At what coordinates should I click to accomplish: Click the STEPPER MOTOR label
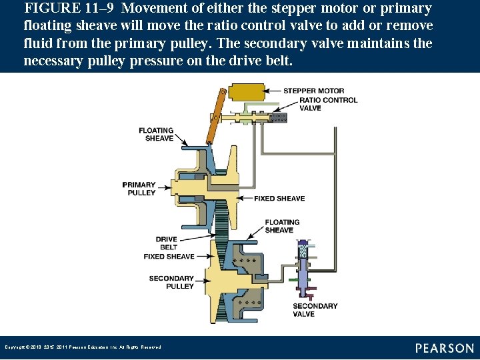[x=313, y=91]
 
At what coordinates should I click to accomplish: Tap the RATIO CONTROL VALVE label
[x=328, y=104]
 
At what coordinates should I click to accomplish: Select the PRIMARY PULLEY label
[x=139, y=189]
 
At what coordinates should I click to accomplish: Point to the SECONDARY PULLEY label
[x=171, y=282]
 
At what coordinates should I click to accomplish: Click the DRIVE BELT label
[x=166, y=243]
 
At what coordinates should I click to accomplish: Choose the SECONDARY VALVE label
[x=315, y=310]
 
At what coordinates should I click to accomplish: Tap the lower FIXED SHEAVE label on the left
[x=169, y=256]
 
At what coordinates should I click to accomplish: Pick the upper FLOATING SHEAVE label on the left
[x=156, y=134]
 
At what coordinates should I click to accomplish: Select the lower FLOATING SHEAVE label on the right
[x=282, y=226]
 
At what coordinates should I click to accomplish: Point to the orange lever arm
[x=214, y=117]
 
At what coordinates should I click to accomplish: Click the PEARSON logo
[x=445, y=348]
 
